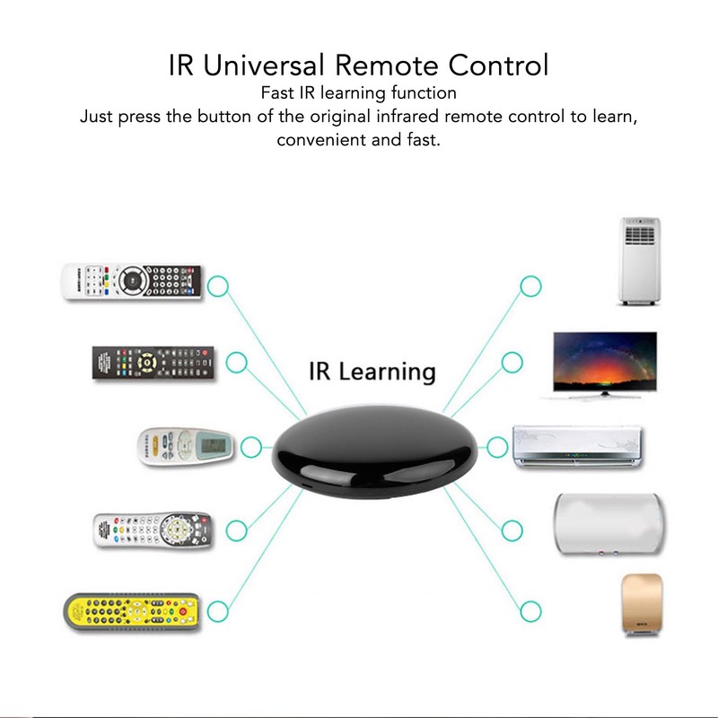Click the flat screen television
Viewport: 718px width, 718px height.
tap(603, 363)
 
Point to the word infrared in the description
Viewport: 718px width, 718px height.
tap(422, 117)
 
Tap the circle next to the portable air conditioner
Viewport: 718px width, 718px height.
tap(530, 287)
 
